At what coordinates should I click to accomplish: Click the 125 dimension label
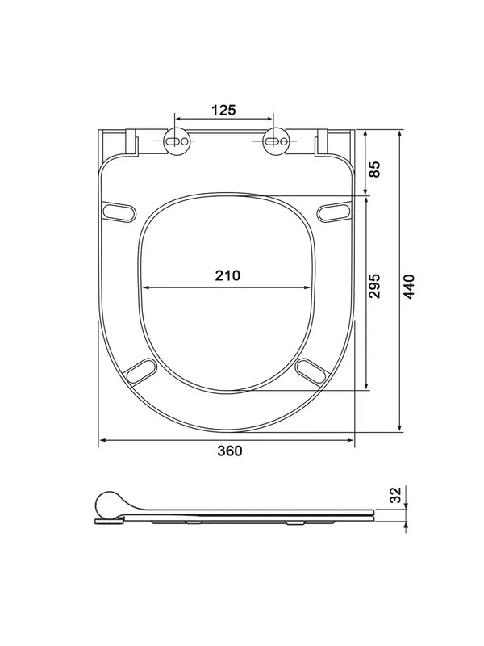click(x=224, y=110)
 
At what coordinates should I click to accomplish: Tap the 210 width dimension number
click(x=227, y=275)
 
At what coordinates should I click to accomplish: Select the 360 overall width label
click(x=230, y=451)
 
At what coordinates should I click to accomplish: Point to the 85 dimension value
click(x=374, y=169)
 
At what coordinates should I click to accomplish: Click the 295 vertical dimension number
click(x=374, y=286)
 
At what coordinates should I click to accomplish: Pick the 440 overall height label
click(x=409, y=287)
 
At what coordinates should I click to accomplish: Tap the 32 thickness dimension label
click(x=395, y=495)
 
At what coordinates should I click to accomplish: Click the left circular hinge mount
click(x=177, y=141)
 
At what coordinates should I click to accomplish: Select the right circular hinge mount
click(x=276, y=141)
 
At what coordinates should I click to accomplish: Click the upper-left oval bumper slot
click(x=119, y=212)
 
